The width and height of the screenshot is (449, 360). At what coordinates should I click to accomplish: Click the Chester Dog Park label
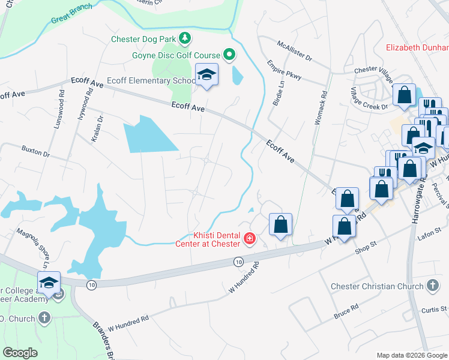[145, 40]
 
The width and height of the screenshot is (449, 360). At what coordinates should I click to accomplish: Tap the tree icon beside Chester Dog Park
[185, 39]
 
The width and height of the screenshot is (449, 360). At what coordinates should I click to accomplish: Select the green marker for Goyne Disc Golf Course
[229, 55]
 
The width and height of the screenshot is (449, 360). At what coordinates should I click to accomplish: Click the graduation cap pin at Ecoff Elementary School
[207, 75]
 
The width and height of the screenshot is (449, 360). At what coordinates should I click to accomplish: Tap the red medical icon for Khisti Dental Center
[249, 240]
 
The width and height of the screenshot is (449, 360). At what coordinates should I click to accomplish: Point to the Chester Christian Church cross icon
[433, 286]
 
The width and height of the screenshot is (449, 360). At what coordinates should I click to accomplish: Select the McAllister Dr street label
[295, 52]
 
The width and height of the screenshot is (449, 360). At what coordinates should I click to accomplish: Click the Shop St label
[364, 247]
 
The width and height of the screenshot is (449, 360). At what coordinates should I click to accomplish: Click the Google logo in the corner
[20, 353]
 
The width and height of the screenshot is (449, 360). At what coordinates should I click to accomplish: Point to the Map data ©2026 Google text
[412, 355]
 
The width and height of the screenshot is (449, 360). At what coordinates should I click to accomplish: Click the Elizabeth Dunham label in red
[417, 48]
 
